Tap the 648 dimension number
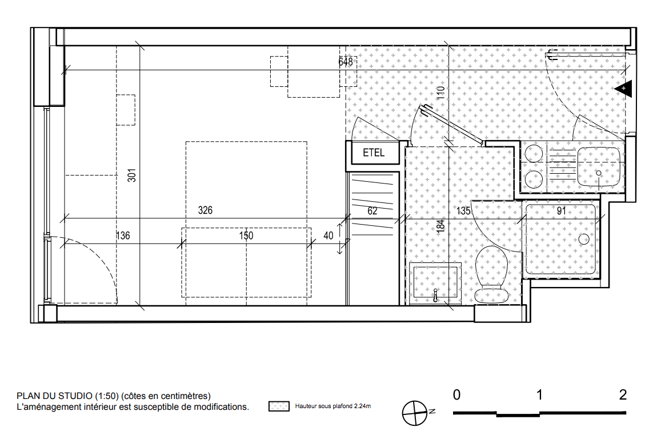click(x=346, y=62)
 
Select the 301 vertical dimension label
click(x=131, y=175)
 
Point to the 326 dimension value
click(x=205, y=210)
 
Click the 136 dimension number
click(x=123, y=236)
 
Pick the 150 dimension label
click(x=246, y=236)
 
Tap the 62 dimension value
click(x=372, y=211)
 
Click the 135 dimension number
click(x=463, y=211)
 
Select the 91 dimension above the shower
click(x=562, y=211)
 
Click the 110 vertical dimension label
click(x=440, y=92)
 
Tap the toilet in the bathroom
click(x=492, y=274)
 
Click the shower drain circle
click(x=584, y=240)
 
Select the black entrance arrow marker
click(x=623, y=89)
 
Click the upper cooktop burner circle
click(x=534, y=153)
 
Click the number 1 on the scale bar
click(x=539, y=395)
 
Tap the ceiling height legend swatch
click(x=279, y=406)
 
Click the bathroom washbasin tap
click(x=436, y=294)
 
